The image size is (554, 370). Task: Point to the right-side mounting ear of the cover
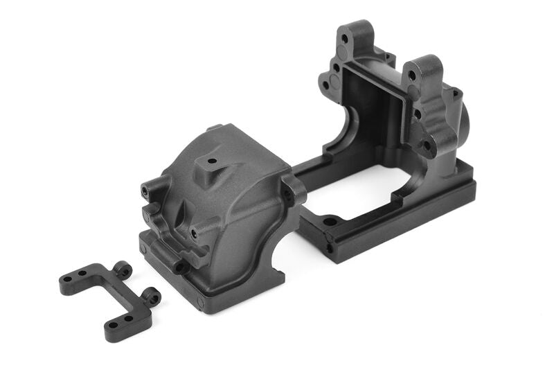pos(294,188)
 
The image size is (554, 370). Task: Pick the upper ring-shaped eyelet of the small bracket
pos(123,269)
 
